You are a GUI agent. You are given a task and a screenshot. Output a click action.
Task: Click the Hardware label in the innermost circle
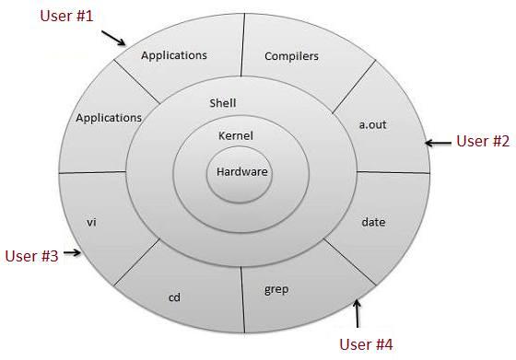point(240,171)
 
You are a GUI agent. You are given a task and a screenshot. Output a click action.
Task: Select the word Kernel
point(236,136)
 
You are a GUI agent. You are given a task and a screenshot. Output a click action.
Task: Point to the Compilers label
point(291,56)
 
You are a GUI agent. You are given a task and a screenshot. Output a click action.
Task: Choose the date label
point(374,222)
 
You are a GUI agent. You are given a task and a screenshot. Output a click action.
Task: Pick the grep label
point(276,290)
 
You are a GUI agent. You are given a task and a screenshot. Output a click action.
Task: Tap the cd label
point(173,297)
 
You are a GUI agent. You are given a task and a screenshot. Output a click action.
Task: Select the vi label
point(91,222)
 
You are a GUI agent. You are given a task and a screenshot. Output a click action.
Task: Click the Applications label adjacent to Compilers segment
point(174,55)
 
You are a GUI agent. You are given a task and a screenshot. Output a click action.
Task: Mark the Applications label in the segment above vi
point(109,118)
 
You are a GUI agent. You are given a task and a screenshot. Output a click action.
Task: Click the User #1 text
point(66,17)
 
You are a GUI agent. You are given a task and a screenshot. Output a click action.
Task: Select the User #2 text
point(483,141)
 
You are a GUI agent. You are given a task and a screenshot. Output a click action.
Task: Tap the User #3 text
point(32,256)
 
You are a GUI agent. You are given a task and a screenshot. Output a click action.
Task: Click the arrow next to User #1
point(113,38)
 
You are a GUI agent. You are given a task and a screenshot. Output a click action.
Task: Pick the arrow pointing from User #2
point(440,142)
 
